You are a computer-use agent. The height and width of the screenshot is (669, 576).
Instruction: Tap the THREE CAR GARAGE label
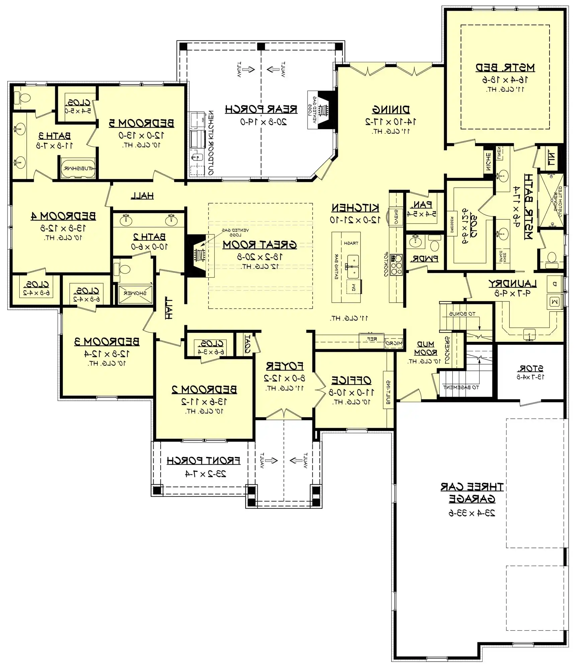pyautogui.click(x=472, y=493)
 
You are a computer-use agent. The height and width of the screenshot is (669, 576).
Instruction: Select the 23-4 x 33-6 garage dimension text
pyautogui.click(x=472, y=513)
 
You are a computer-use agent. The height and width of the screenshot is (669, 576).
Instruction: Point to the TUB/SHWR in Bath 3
pyautogui.click(x=78, y=168)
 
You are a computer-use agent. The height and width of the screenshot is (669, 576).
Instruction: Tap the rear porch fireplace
pyautogui.click(x=323, y=110)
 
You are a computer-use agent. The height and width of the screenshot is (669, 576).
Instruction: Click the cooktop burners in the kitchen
pyautogui.click(x=397, y=265)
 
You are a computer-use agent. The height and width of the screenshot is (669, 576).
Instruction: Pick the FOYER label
pyautogui.click(x=285, y=366)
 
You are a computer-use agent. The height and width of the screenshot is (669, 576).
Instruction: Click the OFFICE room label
pyautogui.click(x=351, y=380)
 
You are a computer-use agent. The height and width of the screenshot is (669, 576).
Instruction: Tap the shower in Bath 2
pyautogui.click(x=135, y=293)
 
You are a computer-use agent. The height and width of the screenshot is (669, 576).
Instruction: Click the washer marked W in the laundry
pyautogui.click(x=554, y=302)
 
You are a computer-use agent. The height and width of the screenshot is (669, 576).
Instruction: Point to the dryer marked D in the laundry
pyautogui.click(x=554, y=284)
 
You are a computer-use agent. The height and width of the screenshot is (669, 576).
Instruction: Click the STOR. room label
pyautogui.click(x=531, y=369)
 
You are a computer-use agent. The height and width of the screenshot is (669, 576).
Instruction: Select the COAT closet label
pyautogui.click(x=247, y=344)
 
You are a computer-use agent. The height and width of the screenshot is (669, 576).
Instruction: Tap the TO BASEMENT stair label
pyautogui.click(x=461, y=387)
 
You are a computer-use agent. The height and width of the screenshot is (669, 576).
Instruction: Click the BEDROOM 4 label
pyautogui.click(x=63, y=216)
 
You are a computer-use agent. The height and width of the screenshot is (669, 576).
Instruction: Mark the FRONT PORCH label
pyautogui.click(x=203, y=461)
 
